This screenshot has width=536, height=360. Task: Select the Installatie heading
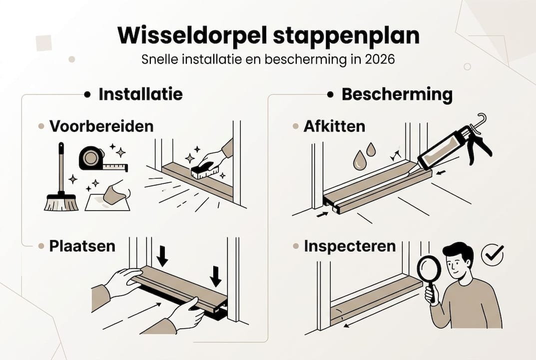click(140, 94)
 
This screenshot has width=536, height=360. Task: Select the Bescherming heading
click(397, 94)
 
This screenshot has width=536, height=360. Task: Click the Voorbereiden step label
click(101, 126)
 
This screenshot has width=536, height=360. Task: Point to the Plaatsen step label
click(82, 246)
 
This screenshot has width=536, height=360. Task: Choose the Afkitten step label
click(334, 126)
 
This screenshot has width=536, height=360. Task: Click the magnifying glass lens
click(429, 269)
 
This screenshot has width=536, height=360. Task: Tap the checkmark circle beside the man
click(493, 254)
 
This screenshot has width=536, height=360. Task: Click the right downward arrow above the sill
click(215, 275)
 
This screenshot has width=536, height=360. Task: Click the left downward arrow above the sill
click(162, 255)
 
